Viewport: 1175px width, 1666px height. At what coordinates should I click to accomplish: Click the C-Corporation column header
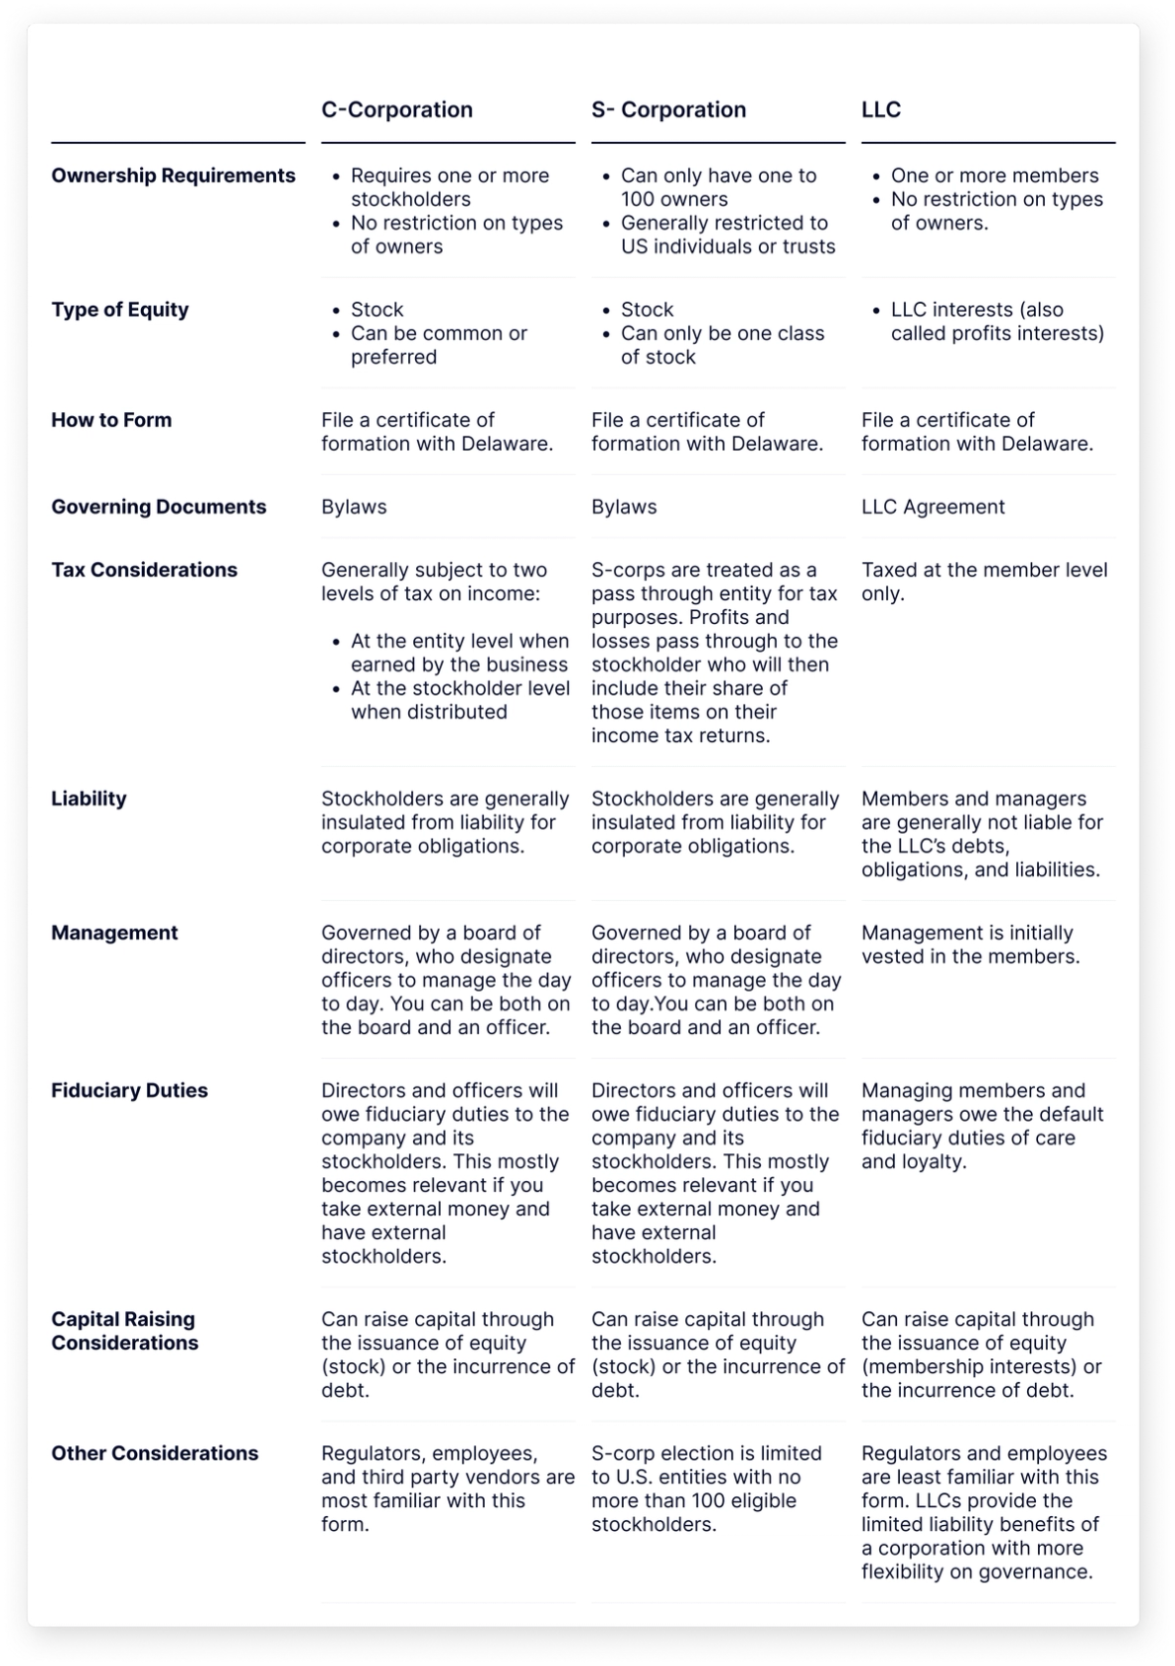(x=397, y=109)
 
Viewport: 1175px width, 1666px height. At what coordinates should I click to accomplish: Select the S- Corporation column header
(x=668, y=109)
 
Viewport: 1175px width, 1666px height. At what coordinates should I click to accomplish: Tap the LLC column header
(x=881, y=109)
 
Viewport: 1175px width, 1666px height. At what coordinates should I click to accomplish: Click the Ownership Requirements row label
(x=173, y=175)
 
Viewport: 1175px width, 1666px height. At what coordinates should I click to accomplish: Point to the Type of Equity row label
(x=120, y=310)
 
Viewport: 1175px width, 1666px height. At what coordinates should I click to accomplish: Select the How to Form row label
(x=111, y=420)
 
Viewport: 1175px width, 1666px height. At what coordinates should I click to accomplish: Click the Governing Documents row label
(x=159, y=507)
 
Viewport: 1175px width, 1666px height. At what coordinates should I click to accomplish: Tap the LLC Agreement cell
(x=933, y=507)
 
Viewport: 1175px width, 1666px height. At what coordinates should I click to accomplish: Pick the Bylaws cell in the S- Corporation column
(x=624, y=507)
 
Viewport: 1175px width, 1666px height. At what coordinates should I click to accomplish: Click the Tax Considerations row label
(x=144, y=570)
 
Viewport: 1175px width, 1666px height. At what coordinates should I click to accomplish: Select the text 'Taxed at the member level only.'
(x=984, y=582)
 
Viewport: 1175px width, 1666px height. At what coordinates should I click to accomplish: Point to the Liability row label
(x=89, y=798)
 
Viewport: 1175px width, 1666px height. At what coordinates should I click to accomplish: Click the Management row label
(x=114, y=933)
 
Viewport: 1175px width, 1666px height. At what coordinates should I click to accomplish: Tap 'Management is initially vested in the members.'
(x=970, y=944)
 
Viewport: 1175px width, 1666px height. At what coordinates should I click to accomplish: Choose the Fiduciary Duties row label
(x=129, y=1090)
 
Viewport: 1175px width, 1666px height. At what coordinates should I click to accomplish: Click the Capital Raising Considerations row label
(x=124, y=1331)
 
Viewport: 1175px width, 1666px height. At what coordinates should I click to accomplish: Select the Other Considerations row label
(x=155, y=1453)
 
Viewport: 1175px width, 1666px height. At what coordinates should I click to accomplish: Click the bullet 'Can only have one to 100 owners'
(x=718, y=187)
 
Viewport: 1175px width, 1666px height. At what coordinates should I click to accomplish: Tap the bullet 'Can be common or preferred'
(x=439, y=345)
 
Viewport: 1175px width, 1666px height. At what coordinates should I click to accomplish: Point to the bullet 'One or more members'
(x=994, y=175)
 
